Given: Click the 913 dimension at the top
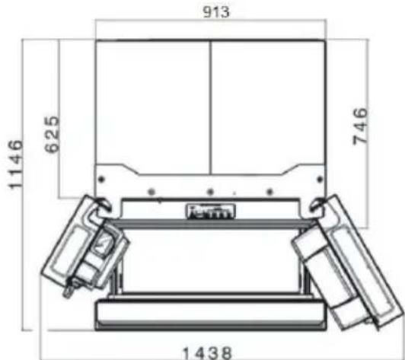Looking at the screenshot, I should (x=209, y=12).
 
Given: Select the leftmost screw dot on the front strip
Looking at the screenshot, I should (x=152, y=190).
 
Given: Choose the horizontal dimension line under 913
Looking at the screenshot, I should (x=209, y=22).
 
